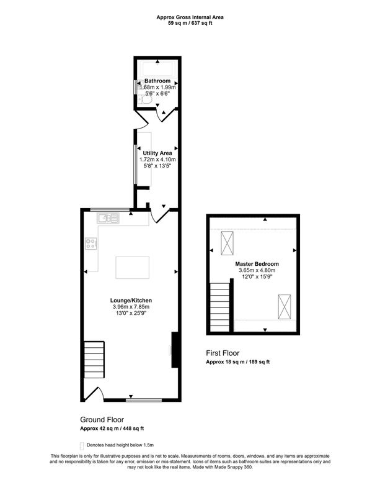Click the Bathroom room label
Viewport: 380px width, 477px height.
(157, 81)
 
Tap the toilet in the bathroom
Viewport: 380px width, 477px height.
(144, 99)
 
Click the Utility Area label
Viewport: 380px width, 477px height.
(157, 153)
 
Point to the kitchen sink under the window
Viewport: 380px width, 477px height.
(107, 217)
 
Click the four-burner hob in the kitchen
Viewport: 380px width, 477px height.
(92, 244)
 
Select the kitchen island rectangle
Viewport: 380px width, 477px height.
(132, 268)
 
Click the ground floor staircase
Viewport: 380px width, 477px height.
(95, 360)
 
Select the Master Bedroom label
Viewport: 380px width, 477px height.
(257, 263)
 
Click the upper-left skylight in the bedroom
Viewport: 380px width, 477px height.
(228, 242)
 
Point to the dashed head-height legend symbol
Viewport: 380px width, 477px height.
(82, 445)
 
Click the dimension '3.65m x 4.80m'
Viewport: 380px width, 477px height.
(257, 270)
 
